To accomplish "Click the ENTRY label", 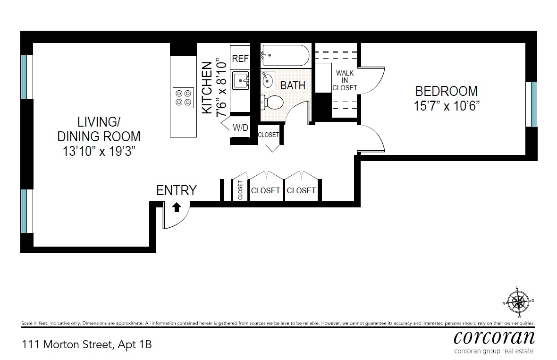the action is (x=176, y=190).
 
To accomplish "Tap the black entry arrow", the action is (x=176, y=207).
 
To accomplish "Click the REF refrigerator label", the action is (x=240, y=59).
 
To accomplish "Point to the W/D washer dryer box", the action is (x=240, y=127).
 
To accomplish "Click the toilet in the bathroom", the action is (x=272, y=102).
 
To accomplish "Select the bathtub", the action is (x=286, y=56).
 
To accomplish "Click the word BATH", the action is (x=293, y=86).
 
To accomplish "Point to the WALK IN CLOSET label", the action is (x=345, y=81).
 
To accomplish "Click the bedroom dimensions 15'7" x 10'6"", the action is (x=446, y=106).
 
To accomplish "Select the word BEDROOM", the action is (x=446, y=91).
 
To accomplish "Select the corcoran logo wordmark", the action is (x=494, y=337).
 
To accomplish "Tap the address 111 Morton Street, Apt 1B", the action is (x=86, y=344).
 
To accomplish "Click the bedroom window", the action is (x=533, y=104).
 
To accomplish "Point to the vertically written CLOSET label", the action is (x=240, y=190).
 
